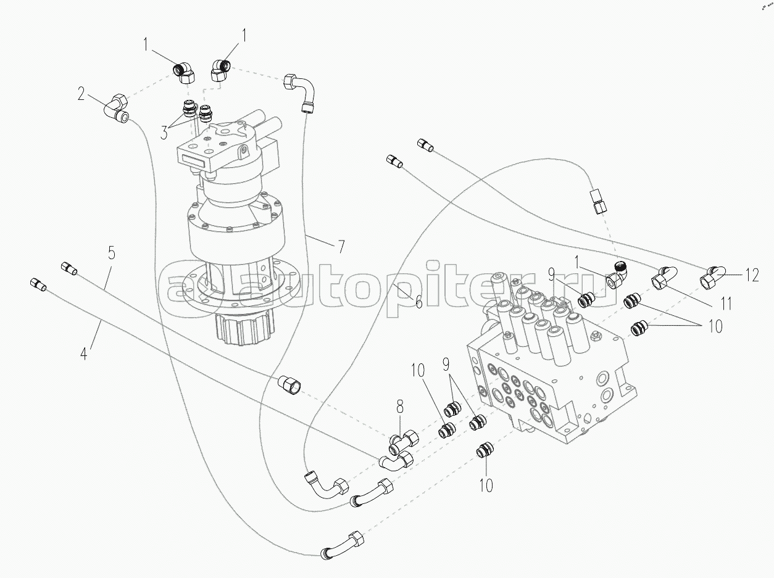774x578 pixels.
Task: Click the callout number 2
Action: pos(81,94)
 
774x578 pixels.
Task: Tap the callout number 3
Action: pos(164,131)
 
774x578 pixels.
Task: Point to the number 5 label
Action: pos(111,252)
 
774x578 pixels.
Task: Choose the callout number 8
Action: pos(400,407)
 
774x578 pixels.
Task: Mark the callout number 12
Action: pos(752,276)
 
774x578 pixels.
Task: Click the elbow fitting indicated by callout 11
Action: pos(662,276)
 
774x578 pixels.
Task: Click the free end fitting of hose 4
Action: pos(38,284)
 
